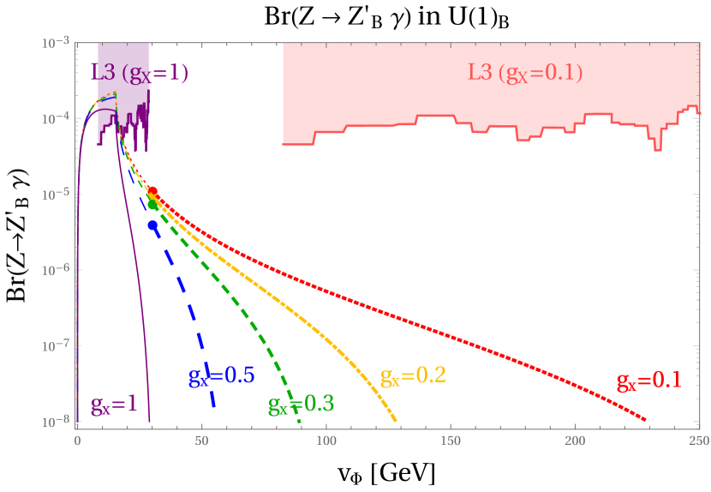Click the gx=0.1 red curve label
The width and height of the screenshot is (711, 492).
(648, 381)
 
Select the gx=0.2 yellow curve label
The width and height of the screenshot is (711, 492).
(413, 376)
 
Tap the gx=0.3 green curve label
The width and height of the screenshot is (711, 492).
(301, 405)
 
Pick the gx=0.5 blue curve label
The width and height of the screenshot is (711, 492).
(221, 375)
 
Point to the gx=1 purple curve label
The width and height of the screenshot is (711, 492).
(114, 405)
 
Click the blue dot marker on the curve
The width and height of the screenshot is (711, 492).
(152, 225)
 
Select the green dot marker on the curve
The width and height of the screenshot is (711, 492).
(153, 204)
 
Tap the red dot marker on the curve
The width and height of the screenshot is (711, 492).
(153, 191)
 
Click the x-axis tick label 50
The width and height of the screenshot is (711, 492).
(201, 441)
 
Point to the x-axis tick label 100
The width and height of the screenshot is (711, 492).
(326, 441)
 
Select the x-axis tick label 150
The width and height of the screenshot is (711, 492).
(451, 441)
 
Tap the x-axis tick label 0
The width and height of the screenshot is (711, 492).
(77, 441)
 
